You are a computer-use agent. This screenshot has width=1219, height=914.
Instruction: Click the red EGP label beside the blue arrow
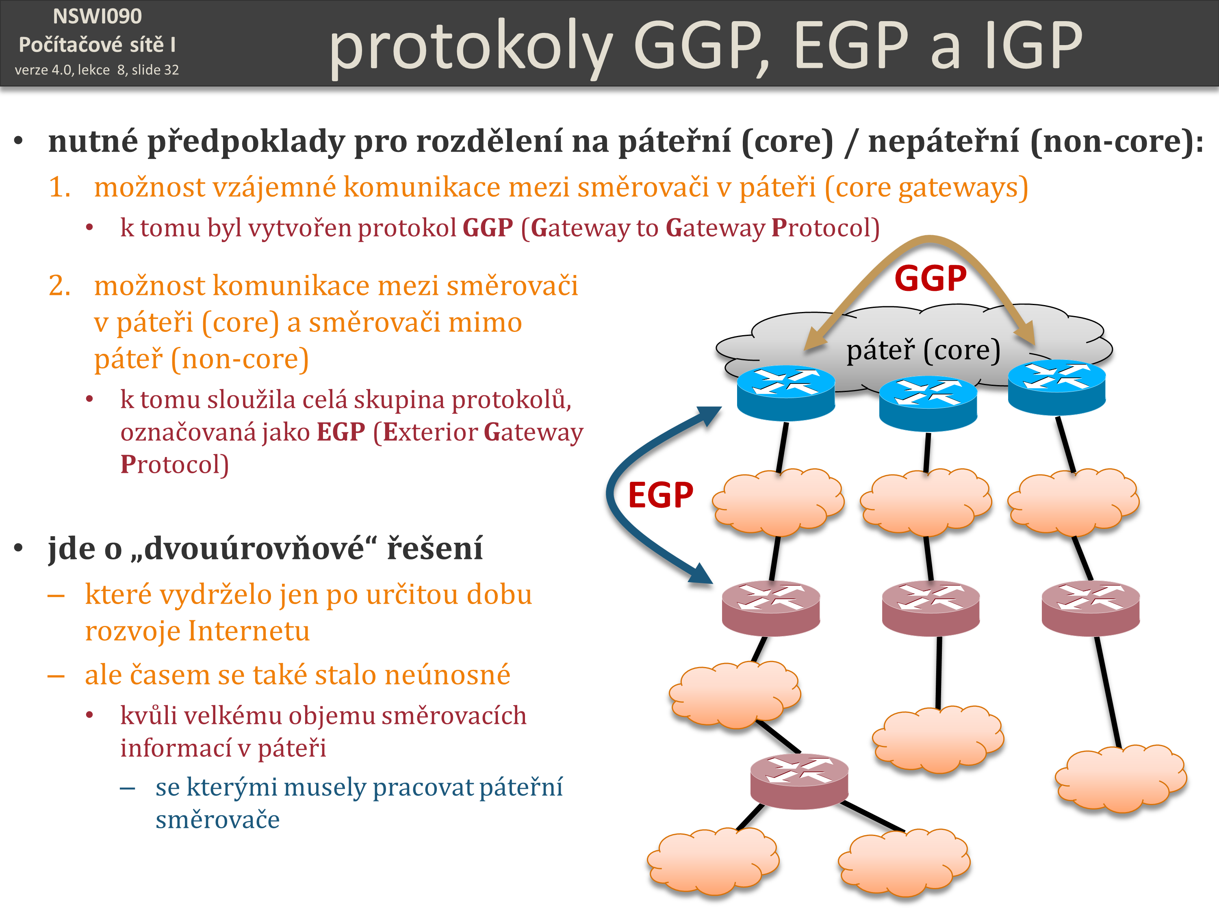(660, 495)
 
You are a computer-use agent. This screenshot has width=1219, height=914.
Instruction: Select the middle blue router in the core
(928, 403)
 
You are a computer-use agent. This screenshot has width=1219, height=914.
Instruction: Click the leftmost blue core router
(786, 393)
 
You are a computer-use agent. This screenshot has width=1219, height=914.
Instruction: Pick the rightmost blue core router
(1056, 387)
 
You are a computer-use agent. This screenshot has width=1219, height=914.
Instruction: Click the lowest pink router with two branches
(799, 781)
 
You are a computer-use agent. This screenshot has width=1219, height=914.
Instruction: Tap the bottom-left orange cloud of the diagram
(713, 862)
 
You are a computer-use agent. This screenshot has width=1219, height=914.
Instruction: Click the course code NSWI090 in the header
(97, 17)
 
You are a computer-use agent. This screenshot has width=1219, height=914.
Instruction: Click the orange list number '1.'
(59, 187)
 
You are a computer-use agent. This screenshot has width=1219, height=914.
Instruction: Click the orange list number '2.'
(59, 286)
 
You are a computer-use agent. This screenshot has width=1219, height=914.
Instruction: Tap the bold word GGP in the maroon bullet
(488, 227)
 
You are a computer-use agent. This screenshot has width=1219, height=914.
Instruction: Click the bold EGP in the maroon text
(341, 432)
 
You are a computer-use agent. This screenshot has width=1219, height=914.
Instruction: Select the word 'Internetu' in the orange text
(249, 631)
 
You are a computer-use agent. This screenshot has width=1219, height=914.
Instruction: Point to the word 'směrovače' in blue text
(218, 820)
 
